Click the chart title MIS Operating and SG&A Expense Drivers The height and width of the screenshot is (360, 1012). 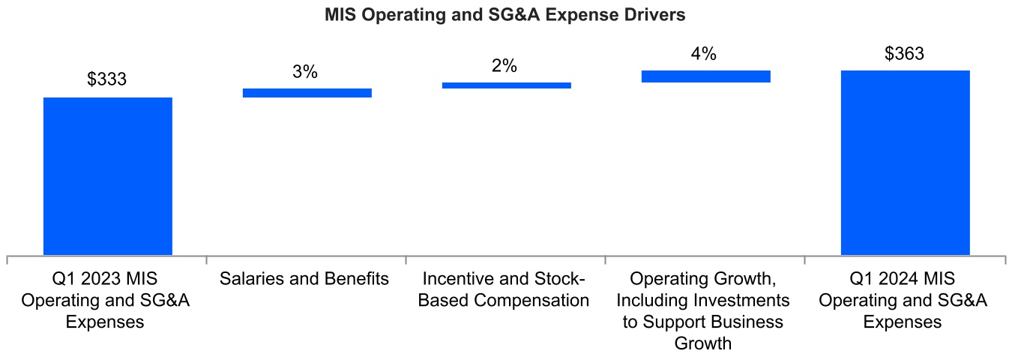(x=505, y=15)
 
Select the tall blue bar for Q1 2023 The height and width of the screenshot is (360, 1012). (x=108, y=176)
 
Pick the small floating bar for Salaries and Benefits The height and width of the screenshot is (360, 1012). (x=307, y=93)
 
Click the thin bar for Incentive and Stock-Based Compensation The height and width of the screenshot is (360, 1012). (x=507, y=85)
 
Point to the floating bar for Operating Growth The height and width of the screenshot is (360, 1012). (x=706, y=76)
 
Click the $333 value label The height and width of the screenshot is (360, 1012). (x=107, y=80)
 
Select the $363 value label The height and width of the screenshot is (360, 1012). (x=904, y=54)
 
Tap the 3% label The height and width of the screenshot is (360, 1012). (x=305, y=72)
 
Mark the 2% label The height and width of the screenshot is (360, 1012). (x=505, y=66)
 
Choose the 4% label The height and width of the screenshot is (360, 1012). (x=704, y=54)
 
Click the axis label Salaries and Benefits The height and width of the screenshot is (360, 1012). (x=305, y=280)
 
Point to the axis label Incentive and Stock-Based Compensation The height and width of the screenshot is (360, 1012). (x=505, y=290)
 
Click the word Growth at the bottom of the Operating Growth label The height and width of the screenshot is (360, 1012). (x=703, y=344)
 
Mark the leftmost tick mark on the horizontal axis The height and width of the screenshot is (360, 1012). (x=7, y=259)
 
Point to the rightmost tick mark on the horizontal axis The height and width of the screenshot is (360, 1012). (x=1005, y=259)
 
